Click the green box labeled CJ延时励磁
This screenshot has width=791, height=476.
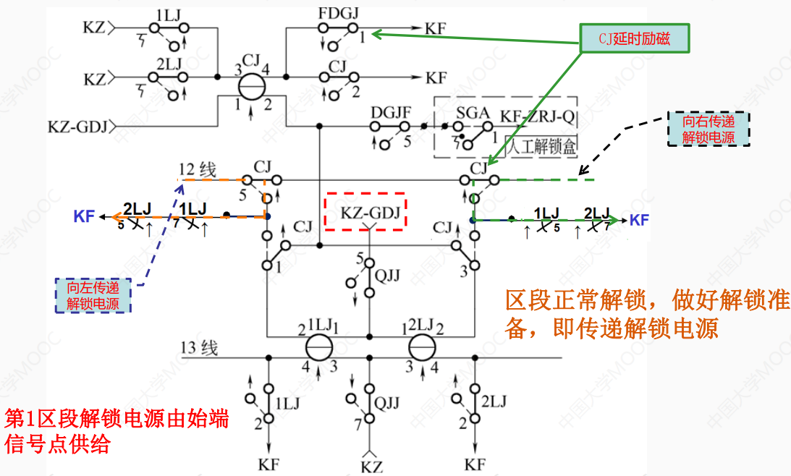tap(634, 38)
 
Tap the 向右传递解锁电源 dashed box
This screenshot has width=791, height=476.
tap(708, 129)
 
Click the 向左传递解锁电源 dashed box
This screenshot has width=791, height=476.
tap(94, 295)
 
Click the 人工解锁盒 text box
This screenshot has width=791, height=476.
tap(541, 147)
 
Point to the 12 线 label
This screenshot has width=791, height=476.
tap(198, 171)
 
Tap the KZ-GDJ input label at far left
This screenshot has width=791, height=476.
tap(77, 127)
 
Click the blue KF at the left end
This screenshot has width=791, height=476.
tap(84, 216)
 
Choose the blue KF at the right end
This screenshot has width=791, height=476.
tap(639, 220)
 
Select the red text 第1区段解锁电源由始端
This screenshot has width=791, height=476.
tap(117, 418)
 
